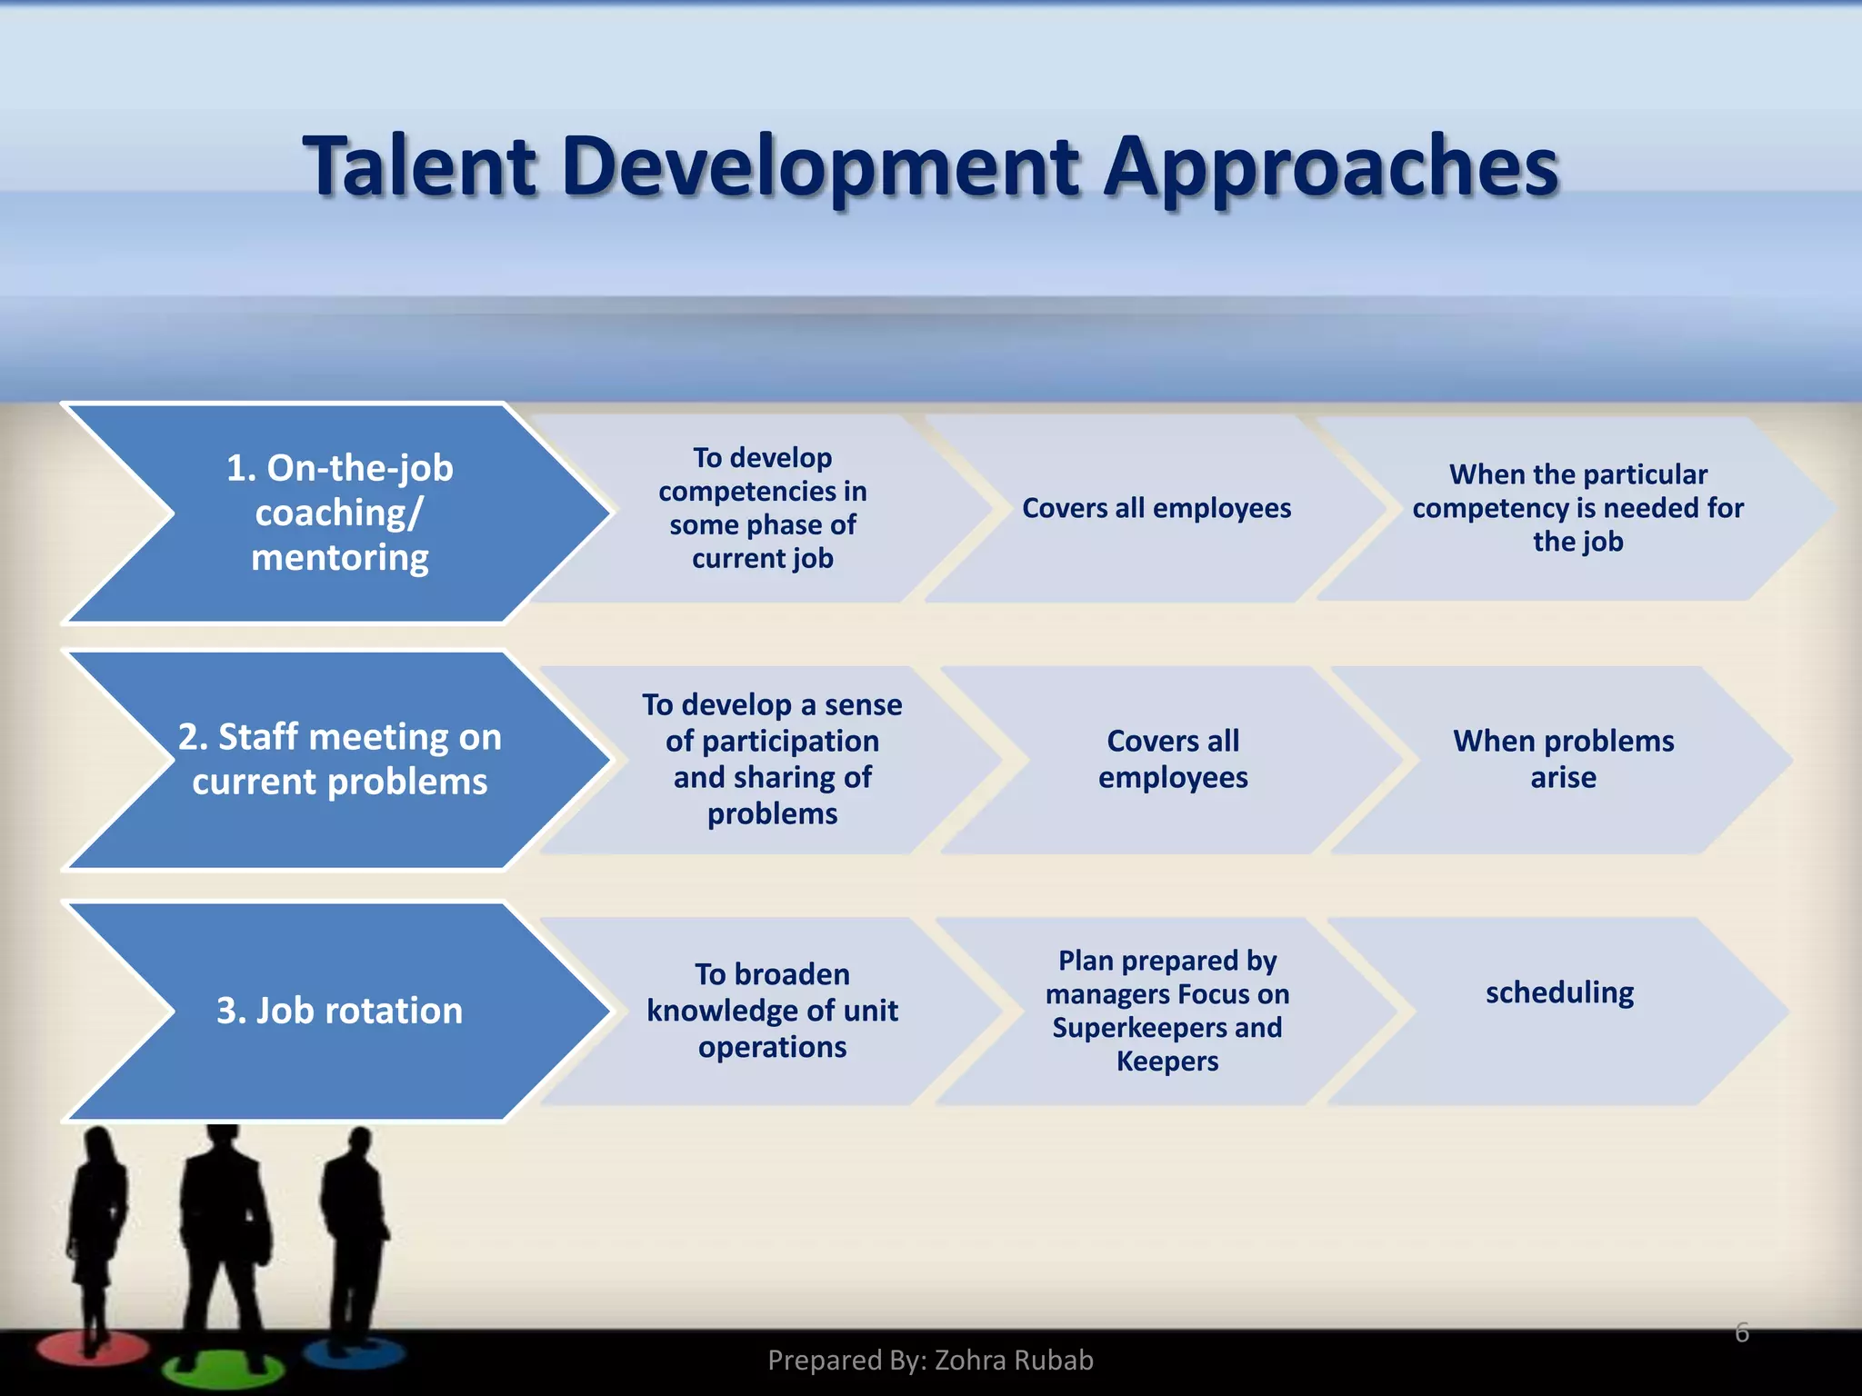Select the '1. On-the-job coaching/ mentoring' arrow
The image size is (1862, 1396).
[x=339, y=513]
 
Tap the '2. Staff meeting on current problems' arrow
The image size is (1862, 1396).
[x=339, y=759]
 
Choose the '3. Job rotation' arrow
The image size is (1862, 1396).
[x=339, y=1011]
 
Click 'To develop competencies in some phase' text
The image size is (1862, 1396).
[x=762, y=507]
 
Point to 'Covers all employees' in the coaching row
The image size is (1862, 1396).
[x=1156, y=508]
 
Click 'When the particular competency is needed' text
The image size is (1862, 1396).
[x=1577, y=507]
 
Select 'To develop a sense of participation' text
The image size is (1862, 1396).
[x=772, y=758]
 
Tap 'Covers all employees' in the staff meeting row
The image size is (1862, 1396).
[x=1172, y=759]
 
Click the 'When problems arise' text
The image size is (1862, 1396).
[x=1562, y=759]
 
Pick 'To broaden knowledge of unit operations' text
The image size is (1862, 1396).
[x=772, y=1010]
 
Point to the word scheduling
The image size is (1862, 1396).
[x=1558, y=992]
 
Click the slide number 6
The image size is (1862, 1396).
[x=1741, y=1332]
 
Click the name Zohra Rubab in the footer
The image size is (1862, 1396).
[x=1013, y=1360]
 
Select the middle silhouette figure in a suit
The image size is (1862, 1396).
[x=223, y=1227]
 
